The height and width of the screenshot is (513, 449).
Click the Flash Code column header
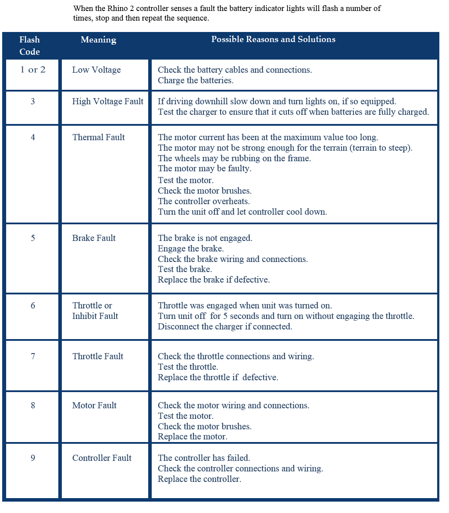pyautogui.click(x=30, y=46)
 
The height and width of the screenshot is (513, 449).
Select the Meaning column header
pyautogui.click(x=98, y=40)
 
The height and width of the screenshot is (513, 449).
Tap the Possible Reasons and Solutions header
pyautogui.click(x=273, y=39)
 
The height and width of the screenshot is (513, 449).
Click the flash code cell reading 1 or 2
pyautogui.click(x=33, y=70)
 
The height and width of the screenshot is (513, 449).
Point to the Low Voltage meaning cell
pyautogui.click(x=96, y=70)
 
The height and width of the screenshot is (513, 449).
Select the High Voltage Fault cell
pyautogui.click(x=108, y=102)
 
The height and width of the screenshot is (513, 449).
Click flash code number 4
pyautogui.click(x=33, y=137)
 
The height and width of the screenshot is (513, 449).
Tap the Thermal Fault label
pyautogui.click(x=99, y=137)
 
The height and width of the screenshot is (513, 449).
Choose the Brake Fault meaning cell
pyautogui.click(x=94, y=238)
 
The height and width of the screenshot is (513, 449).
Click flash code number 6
pyautogui.click(x=33, y=305)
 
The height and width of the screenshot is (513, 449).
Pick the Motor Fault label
pyautogui.click(x=94, y=405)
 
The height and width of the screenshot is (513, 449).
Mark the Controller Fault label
pyautogui.click(x=102, y=458)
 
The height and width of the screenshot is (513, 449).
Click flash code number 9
pyautogui.click(x=33, y=458)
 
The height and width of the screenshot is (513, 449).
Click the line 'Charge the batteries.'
pyautogui.click(x=196, y=80)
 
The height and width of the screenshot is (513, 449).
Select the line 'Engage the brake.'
pyautogui.click(x=191, y=248)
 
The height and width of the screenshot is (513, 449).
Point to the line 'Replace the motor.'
pyautogui.click(x=192, y=437)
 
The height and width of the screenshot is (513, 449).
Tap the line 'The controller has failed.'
pyautogui.click(x=204, y=458)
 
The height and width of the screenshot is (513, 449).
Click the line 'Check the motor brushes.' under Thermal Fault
pyautogui.click(x=205, y=191)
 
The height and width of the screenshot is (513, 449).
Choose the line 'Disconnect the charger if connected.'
pyautogui.click(x=225, y=326)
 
